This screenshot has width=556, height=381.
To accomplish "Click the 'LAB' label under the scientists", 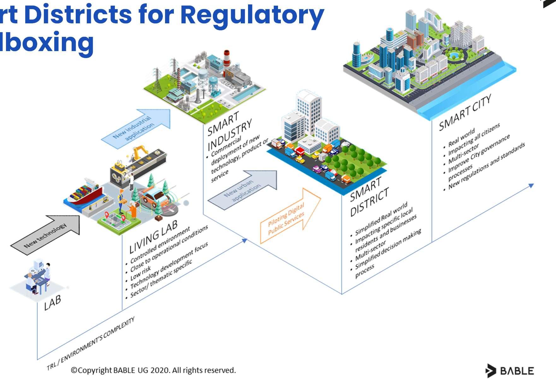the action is (52, 303).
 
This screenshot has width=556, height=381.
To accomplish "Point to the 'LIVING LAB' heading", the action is (154, 236).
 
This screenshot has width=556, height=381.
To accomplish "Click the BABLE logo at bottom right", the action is (510, 371).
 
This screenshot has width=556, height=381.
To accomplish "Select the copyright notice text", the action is (153, 370).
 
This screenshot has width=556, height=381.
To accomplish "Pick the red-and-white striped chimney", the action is (227, 58).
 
